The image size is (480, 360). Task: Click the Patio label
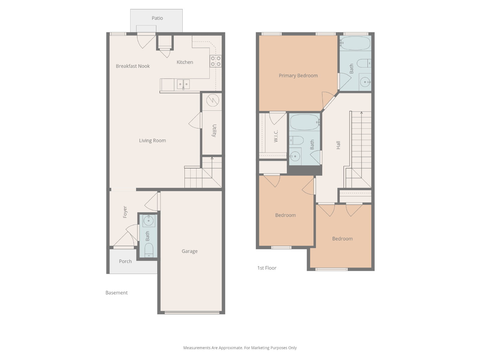click(157, 18)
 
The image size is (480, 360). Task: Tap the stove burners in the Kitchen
click(216, 61)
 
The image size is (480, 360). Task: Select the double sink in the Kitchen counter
click(183, 84)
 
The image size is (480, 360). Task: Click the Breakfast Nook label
click(133, 66)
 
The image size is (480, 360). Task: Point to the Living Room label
click(152, 140)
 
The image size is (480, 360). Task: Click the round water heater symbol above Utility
click(213, 100)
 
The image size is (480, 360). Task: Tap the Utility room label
click(214, 130)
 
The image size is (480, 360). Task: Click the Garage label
click(190, 251)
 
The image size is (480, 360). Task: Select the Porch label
click(125, 261)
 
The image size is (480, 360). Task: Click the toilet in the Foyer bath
click(149, 250)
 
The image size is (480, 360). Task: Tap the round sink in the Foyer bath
click(148, 221)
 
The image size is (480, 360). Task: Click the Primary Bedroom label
click(298, 76)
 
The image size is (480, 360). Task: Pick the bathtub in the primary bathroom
click(355, 43)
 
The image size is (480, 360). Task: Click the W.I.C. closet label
click(276, 136)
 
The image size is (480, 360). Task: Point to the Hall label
click(338, 145)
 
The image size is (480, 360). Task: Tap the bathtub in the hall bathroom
click(305, 122)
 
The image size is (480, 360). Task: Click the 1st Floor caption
click(267, 268)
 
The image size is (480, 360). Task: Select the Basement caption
click(117, 293)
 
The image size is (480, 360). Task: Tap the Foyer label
click(125, 212)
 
